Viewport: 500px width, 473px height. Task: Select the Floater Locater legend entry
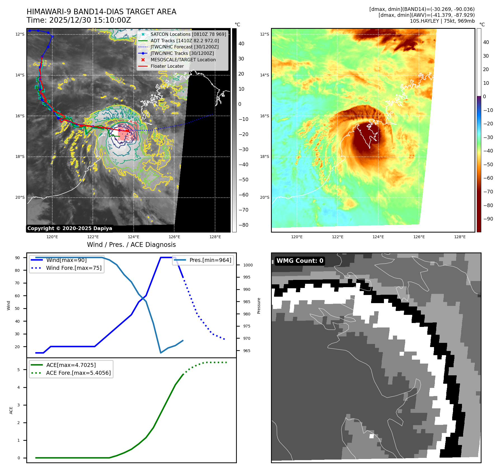(167, 66)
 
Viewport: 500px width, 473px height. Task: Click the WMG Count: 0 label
(299, 261)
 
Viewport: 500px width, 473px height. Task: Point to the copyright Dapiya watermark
(70, 228)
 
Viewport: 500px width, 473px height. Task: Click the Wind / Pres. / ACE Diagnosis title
(131, 245)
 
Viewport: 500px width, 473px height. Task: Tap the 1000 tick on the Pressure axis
(248, 265)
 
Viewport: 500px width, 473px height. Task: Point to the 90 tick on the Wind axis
(18, 258)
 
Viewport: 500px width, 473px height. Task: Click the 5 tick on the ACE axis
(19, 370)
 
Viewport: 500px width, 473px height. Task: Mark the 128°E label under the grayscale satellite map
(215, 237)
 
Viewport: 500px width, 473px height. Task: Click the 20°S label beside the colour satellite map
(265, 198)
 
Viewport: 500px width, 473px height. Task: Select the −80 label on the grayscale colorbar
(243, 225)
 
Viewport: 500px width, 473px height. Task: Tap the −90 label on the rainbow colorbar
(488, 219)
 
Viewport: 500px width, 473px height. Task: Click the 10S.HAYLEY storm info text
(442, 21)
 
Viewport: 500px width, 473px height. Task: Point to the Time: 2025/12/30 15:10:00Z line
(79, 20)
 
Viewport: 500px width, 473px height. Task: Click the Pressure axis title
(259, 306)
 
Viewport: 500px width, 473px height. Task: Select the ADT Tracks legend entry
(185, 41)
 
